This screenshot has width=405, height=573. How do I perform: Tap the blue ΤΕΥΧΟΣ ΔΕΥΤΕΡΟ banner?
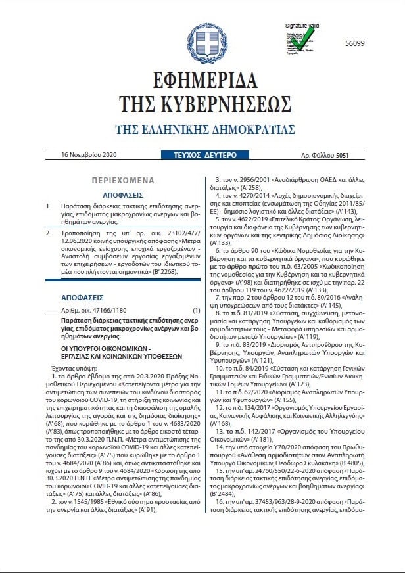pyautogui.click(x=202, y=155)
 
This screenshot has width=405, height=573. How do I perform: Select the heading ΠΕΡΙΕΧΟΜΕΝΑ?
pyautogui.click(x=122, y=180)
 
